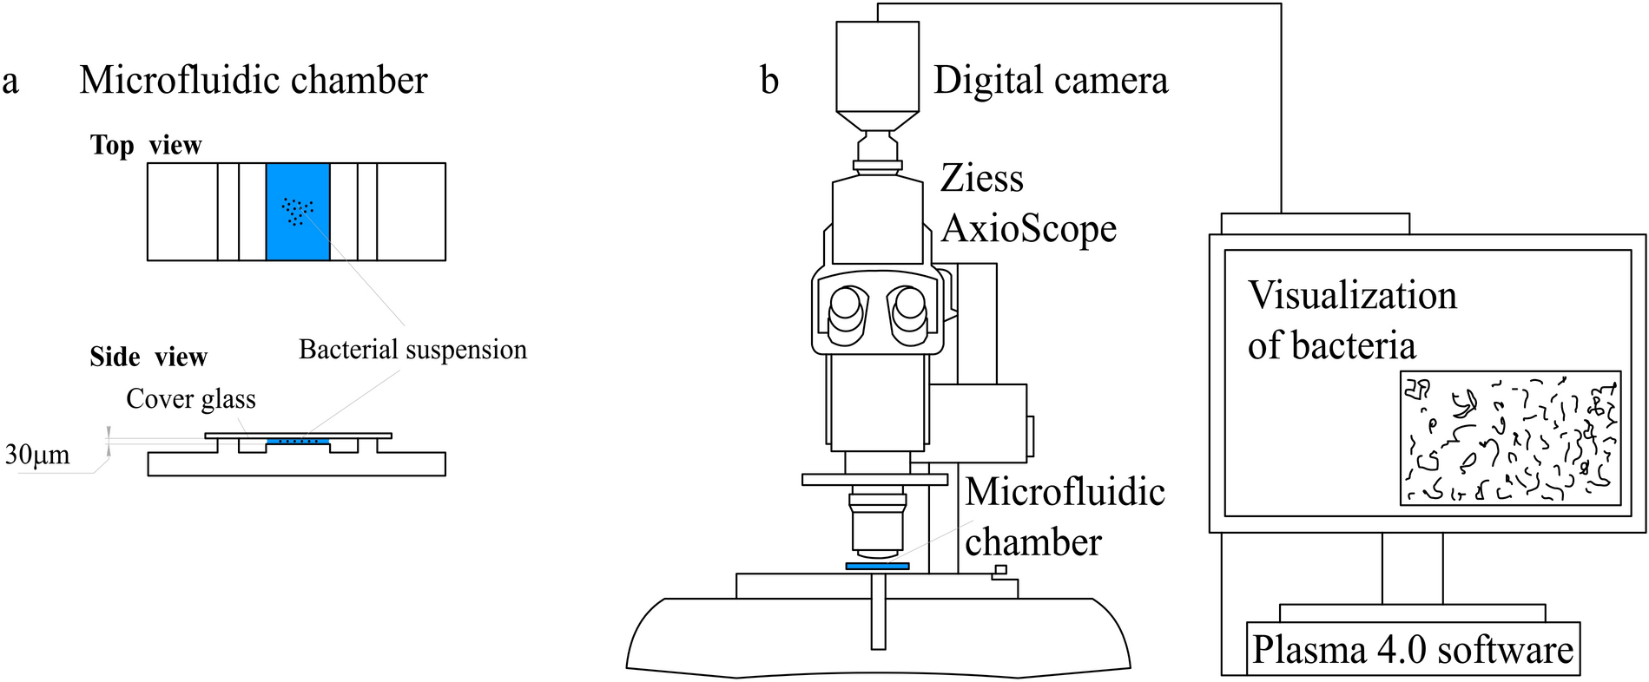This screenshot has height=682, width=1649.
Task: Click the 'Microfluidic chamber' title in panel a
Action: point(253,81)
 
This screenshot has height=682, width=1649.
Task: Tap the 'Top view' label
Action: point(146,145)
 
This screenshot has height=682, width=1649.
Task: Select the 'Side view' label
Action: point(148,357)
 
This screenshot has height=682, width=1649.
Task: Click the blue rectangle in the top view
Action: point(298,212)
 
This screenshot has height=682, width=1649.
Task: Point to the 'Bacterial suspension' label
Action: point(412,350)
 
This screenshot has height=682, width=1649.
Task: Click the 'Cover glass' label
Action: point(191,398)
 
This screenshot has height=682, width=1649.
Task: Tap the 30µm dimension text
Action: point(36,455)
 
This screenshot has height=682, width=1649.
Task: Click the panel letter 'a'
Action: point(10,82)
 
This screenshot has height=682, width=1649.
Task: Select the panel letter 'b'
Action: point(769,81)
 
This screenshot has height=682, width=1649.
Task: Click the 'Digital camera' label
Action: point(1051,81)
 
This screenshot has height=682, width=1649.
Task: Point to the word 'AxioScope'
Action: point(1029,229)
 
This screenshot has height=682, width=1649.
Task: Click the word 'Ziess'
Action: point(982,179)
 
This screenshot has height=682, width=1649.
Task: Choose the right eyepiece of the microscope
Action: point(908,313)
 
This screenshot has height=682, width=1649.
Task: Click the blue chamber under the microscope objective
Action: point(877,566)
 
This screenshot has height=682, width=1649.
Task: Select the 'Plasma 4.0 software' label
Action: point(1413,650)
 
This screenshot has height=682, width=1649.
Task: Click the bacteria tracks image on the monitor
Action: point(1510,438)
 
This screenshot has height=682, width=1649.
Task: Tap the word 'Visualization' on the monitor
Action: point(1352,296)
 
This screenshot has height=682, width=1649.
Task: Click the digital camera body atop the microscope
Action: point(877,66)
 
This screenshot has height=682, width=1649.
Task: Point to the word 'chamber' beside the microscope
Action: point(1033,543)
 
